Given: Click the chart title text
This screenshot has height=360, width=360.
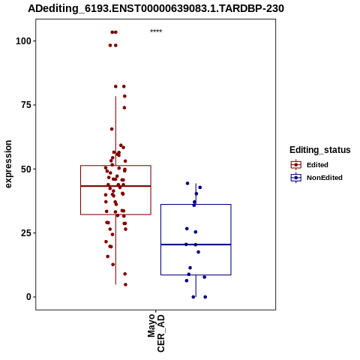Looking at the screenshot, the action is (x=156, y=8).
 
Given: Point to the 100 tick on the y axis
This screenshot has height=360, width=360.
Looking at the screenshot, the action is (x=23, y=41).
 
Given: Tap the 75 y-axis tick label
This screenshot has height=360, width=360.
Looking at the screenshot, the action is (x=26, y=105).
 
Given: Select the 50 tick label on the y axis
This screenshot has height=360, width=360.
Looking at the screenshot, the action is (x=26, y=169).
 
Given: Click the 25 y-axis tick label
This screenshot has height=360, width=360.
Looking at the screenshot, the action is (x=26, y=233).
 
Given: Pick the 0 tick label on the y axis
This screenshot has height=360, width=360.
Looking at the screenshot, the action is (x=28, y=297).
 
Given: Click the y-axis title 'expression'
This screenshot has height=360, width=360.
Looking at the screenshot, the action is (x=8, y=164).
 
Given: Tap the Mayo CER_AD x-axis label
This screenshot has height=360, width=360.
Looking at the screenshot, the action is (x=156, y=333).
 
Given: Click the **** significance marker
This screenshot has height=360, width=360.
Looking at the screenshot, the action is (x=156, y=31).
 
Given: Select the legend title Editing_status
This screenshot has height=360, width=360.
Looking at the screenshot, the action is (x=320, y=150).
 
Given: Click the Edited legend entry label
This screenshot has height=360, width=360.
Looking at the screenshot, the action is (x=317, y=165).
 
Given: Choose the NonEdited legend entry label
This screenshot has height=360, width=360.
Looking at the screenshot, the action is (x=325, y=178).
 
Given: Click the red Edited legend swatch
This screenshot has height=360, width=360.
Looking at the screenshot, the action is (x=296, y=165).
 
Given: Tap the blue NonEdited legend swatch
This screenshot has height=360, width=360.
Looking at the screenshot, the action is (x=296, y=178).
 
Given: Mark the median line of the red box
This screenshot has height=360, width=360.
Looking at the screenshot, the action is (x=115, y=186).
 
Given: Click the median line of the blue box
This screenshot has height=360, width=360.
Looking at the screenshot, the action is (x=196, y=244).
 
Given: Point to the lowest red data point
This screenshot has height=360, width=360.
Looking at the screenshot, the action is (x=125, y=284).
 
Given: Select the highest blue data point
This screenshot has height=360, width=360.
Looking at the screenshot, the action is (x=187, y=183).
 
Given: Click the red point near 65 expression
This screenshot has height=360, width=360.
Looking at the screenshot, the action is (x=112, y=129).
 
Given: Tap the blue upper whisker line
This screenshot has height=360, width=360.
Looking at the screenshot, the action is (x=196, y=193).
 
